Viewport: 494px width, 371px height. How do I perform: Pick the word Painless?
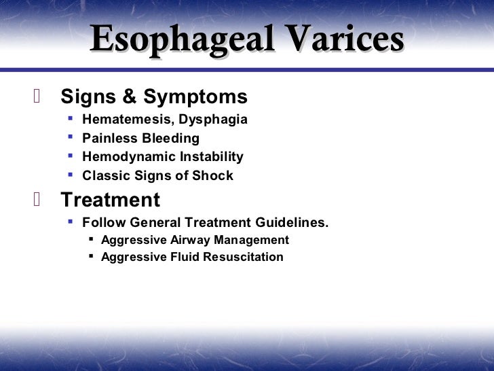109,138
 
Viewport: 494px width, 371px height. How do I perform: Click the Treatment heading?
110,200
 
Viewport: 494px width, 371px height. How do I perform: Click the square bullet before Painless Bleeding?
71,137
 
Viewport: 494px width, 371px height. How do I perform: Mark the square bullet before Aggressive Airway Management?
91,239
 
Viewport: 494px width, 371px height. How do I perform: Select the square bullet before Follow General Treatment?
71,222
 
